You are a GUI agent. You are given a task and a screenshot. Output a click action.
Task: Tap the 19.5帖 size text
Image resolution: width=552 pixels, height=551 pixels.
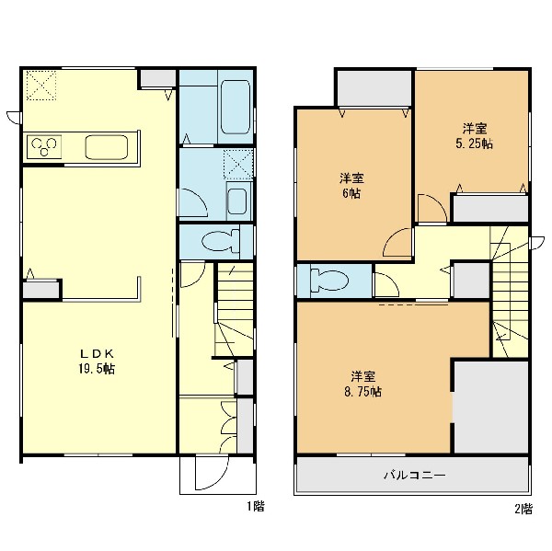coord(96,369)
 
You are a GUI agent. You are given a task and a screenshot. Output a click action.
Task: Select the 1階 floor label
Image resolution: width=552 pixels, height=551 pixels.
coord(256,506)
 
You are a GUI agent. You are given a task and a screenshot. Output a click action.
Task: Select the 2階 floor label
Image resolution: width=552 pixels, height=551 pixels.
coord(523,509)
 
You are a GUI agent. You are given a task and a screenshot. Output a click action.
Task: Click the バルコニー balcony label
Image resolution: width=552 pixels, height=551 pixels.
coord(414,476)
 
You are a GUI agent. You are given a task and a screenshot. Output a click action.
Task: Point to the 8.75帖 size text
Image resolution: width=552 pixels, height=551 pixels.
coord(363,392)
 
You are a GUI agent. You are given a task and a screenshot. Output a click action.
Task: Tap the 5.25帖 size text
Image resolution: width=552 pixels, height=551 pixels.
coord(474,143)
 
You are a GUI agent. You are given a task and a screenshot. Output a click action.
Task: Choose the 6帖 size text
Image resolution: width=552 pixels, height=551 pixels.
coord(351,193)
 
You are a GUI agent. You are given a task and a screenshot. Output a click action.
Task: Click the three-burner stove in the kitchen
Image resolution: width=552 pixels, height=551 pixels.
coord(44,146)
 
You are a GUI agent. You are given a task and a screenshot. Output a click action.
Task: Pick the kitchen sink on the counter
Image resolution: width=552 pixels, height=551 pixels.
coord(107,147)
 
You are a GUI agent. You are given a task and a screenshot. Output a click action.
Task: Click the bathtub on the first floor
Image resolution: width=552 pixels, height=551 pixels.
coord(236,107)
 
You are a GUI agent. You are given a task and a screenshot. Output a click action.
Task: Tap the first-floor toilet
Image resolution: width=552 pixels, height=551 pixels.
coord(221,241)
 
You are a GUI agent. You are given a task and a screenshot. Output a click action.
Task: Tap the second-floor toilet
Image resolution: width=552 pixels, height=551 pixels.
coord(329,281)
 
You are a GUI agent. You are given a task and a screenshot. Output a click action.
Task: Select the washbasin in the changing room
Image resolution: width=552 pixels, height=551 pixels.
coord(236,201)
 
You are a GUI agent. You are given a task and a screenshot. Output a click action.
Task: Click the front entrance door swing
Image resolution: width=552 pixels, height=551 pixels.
coord(213,473)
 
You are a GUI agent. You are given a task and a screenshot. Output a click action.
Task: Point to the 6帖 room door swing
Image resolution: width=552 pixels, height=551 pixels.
coord(397,243)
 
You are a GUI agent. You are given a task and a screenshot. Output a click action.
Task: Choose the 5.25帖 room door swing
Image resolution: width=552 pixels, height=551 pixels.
coord(432,208)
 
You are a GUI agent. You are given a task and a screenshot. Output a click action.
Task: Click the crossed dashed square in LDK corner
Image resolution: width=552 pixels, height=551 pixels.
coord(41,86)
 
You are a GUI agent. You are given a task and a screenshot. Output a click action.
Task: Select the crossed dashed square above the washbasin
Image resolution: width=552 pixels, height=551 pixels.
coord(238,164)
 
